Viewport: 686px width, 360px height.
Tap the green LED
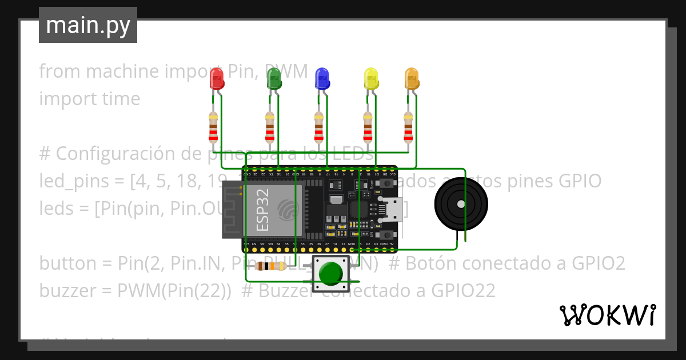pos(274,79)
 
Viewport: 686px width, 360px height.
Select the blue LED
pos(322,79)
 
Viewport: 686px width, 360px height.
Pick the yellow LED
pos(372,79)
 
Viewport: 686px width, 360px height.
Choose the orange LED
pos(412,79)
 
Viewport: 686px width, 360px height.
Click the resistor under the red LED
pos(213,127)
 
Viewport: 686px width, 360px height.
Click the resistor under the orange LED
pos(408,127)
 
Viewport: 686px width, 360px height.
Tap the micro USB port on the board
pos(393,210)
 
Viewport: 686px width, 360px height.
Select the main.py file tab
pos(88,25)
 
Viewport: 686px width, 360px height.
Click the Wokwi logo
pos(607,315)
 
